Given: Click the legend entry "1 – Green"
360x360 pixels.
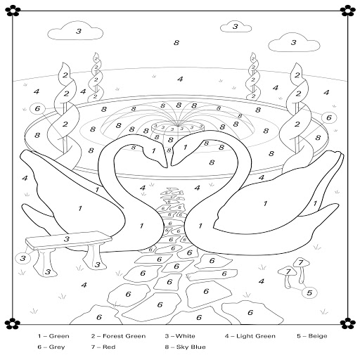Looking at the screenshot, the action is pyautogui.click(x=53, y=336).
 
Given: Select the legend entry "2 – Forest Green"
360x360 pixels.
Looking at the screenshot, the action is pyautogui.click(x=118, y=336).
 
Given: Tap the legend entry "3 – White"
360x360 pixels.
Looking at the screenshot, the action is pyautogui.click(x=180, y=336).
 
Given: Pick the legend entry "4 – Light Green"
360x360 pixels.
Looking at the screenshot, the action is pyautogui.click(x=250, y=336).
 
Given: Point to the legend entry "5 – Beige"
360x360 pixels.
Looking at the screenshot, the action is pyautogui.click(x=312, y=336).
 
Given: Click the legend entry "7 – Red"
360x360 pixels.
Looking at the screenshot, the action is pyautogui.click(x=103, y=347).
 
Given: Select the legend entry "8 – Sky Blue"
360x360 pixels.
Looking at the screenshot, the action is pyautogui.click(x=185, y=347).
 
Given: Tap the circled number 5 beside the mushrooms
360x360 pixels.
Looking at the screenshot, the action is pyautogui.click(x=309, y=292).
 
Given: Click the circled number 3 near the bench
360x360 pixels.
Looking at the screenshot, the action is pyautogui.click(x=22, y=258).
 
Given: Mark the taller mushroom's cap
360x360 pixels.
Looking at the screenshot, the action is pyautogui.click(x=301, y=262).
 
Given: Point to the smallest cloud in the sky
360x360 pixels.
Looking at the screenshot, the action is pyautogui.click(x=236, y=27).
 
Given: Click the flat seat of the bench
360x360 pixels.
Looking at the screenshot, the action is pyautogui.click(x=68, y=240).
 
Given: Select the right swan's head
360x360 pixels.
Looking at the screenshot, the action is pyautogui.click(x=185, y=149).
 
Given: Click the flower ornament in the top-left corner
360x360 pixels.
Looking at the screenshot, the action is pyautogui.click(x=13, y=11).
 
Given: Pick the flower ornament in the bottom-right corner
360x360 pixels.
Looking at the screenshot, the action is pyautogui.click(x=347, y=323).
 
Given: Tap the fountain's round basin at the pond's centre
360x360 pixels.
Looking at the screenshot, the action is pyautogui.click(x=178, y=129).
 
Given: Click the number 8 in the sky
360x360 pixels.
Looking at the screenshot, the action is pyautogui.click(x=176, y=43).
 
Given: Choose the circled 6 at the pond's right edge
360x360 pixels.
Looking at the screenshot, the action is pyautogui.click(x=329, y=117).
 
